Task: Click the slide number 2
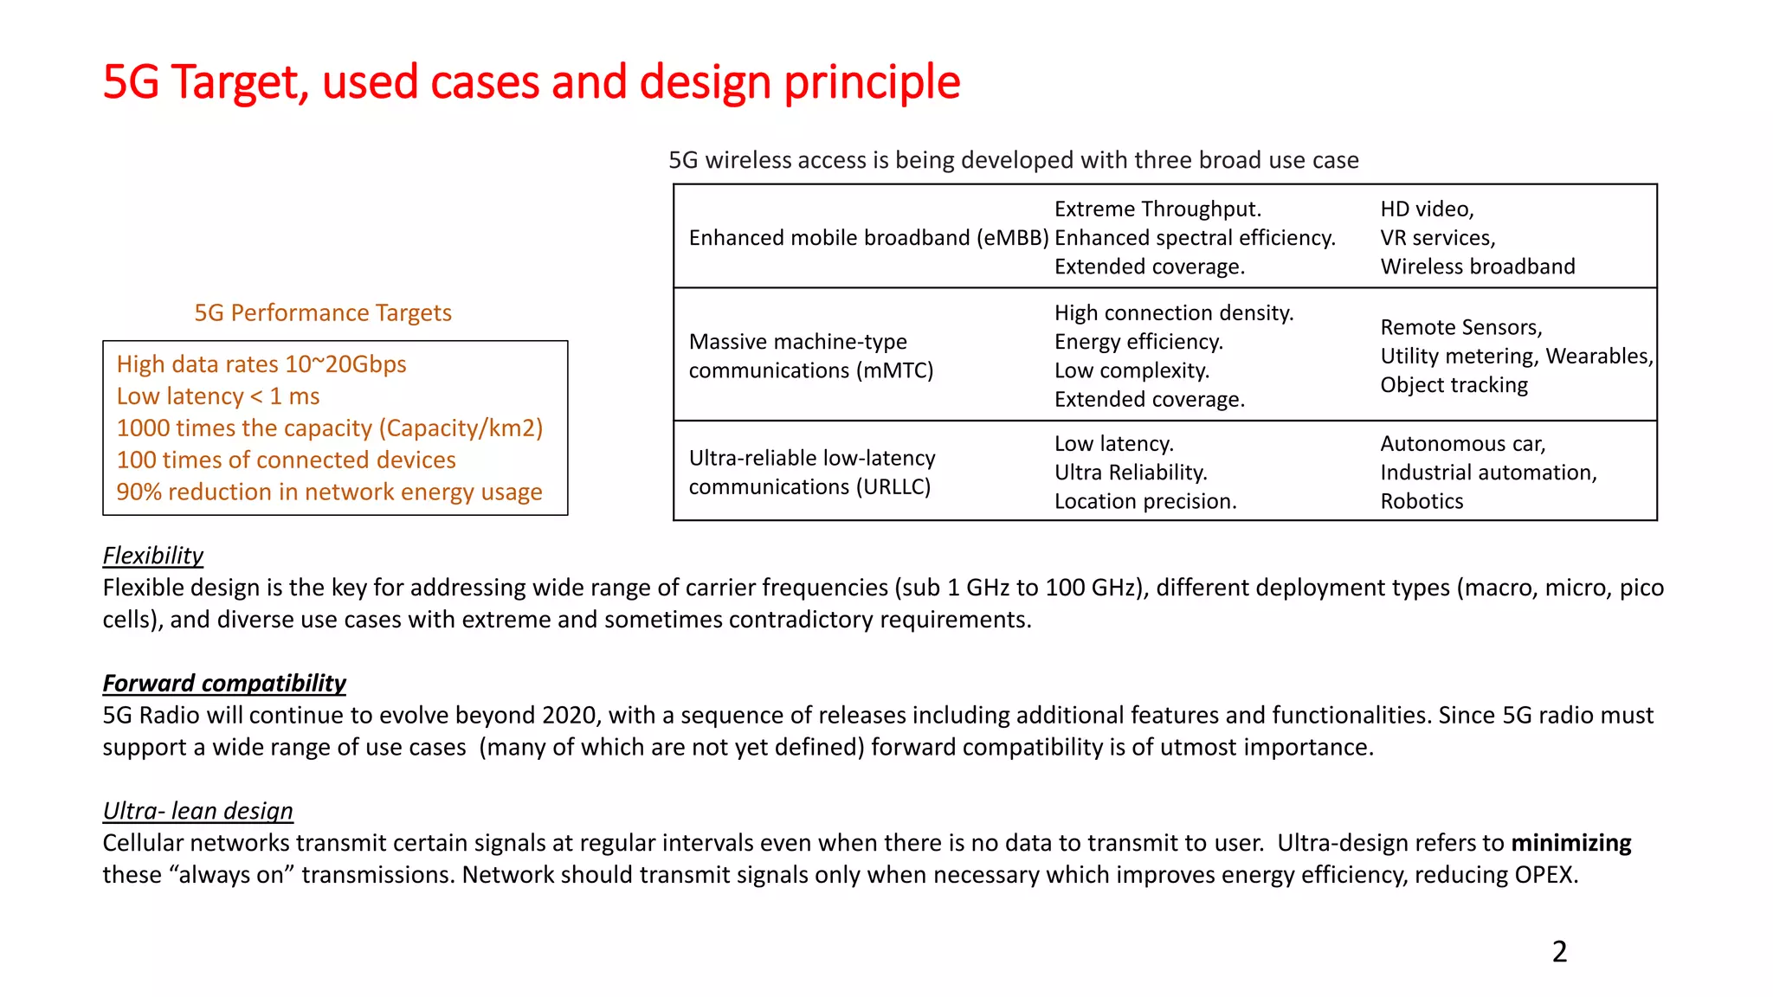(x=1559, y=951)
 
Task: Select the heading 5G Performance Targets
(x=323, y=312)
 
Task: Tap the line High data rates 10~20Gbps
(x=261, y=364)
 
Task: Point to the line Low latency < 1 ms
(x=218, y=396)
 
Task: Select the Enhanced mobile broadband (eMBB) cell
(x=868, y=238)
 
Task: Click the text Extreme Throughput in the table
(x=1157, y=209)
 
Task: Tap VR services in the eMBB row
(x=1437, y=238)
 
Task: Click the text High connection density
(x=1174, y=313)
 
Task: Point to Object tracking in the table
(x=1454, y=385)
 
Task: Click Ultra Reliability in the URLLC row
(x=1130, y=473)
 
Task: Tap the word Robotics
(x=1422, y=501)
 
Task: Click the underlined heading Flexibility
(x=153, y=556)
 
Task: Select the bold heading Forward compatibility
(x=224, y=684)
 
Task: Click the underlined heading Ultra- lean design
(x=198, y=811)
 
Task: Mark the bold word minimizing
(x=1570, y=843)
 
